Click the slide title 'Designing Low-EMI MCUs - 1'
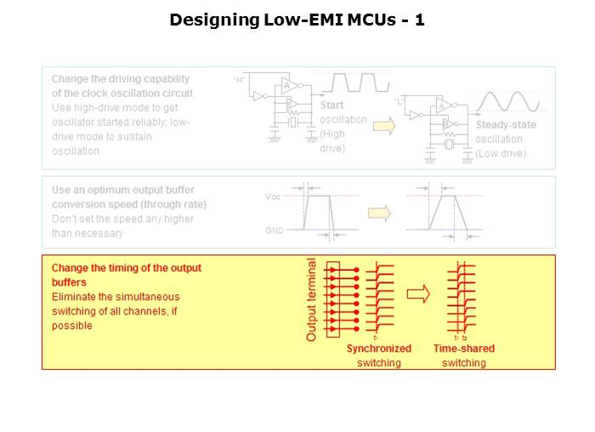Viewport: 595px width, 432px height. [297, 19]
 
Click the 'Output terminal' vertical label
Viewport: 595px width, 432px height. [311, 299]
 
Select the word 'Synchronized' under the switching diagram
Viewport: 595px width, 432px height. [378, 349]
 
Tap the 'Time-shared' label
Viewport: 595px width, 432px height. [463, 349]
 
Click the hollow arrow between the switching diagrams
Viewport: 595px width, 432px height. [417, 294]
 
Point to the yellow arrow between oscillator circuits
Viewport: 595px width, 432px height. [386, 126]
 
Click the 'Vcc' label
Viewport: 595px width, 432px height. [273, 196]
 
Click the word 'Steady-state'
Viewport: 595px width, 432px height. [506, 125]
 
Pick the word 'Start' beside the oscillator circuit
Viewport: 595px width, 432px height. [331, 105]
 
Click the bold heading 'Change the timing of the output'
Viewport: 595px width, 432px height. [127, 268]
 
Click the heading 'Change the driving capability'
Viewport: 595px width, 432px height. [122, 78]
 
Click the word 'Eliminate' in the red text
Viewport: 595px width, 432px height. [75, 297]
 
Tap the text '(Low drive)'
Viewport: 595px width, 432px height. [501, 154]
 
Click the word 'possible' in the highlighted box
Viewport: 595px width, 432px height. [71, 326]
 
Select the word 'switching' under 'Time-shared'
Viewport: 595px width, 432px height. [463, 363]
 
